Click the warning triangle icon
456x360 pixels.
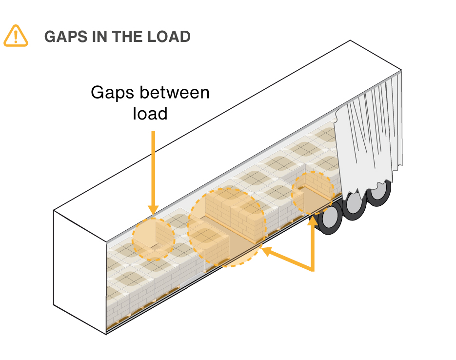click(x=16, y=36)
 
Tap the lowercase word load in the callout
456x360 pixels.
click(x=150, y=113)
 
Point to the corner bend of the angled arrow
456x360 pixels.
click(x=312, y=269)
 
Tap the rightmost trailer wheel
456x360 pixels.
click(x=378, y=193)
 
